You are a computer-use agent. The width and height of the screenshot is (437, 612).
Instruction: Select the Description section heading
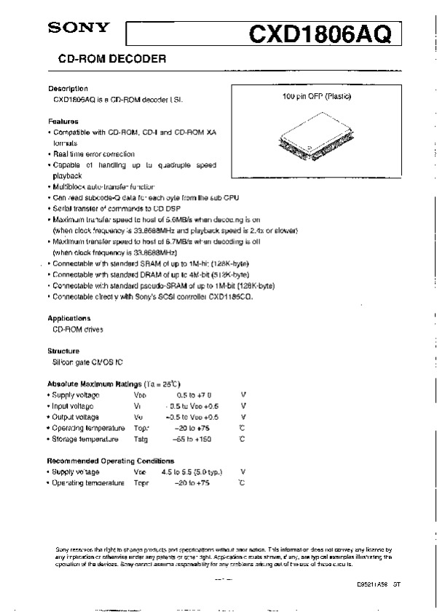[x=68, y=88]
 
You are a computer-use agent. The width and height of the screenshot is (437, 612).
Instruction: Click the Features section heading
[x=63, y=121]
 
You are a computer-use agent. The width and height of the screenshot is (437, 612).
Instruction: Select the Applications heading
[x=69, y=318]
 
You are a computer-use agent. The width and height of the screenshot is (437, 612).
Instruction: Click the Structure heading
[x=63, y=351]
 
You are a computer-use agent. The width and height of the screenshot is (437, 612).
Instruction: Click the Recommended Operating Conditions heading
[x=111, y=461]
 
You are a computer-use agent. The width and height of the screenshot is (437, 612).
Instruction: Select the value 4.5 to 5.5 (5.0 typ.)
[x=192, y=472]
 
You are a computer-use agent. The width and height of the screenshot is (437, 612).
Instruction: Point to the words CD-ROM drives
[x=78, y=329]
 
